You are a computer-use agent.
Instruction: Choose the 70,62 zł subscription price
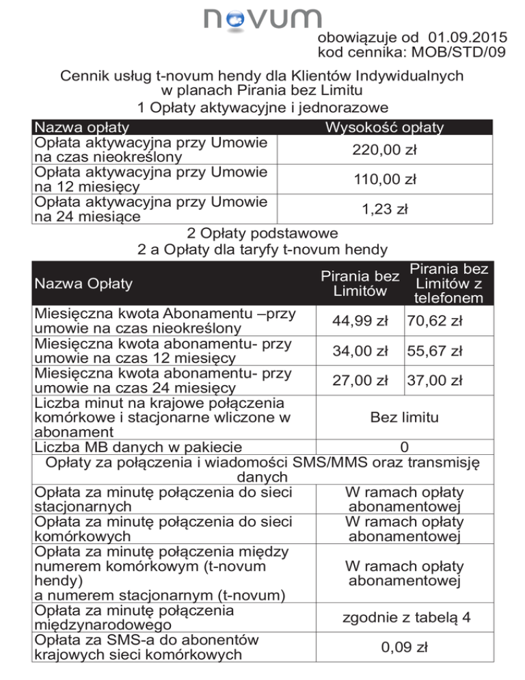pos(434,320)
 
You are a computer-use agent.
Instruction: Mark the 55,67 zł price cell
pos(434,351)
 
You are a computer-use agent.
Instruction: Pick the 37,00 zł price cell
pos(434,380)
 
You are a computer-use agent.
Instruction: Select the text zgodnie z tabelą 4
pos(406,617)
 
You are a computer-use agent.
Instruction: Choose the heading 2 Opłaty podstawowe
pos(262,233)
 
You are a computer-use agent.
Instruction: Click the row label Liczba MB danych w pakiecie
pos(137,447)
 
